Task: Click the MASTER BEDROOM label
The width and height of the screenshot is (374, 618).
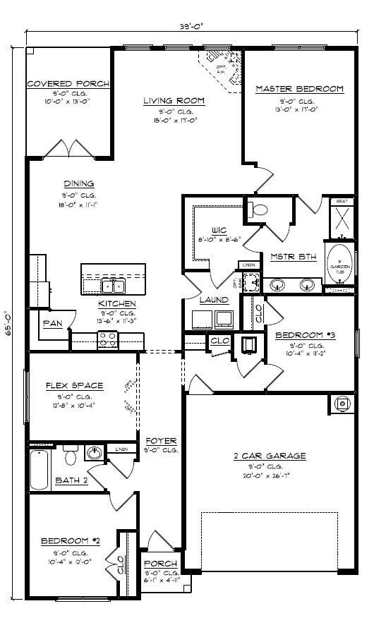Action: coord(299,89)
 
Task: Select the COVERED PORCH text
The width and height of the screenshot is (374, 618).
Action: coord(68,84)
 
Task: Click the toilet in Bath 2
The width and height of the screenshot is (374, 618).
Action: coord(69,456)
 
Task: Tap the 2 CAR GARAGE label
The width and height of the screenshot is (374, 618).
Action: coord(270,456)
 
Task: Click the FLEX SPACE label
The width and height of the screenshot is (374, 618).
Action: coord(74,385)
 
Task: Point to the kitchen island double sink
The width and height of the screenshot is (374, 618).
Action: coord(113,286)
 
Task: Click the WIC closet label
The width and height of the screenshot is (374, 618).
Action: coord(218,230)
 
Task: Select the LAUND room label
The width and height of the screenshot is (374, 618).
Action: coord(214,300)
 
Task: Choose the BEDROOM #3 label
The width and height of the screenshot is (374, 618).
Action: coord(306,335)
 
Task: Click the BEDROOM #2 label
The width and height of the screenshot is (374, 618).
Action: coord(71,541)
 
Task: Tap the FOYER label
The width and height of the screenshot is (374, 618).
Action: coord(159,441)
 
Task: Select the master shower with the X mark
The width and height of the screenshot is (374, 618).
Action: coord(339,221)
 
